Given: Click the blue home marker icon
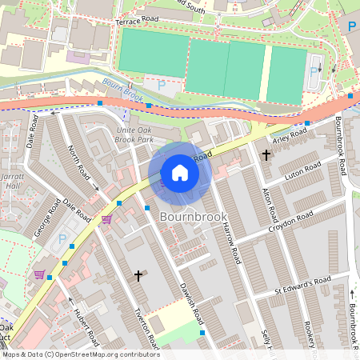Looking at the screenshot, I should [x=180, y=173].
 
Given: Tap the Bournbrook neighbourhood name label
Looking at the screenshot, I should [x=194, y=217].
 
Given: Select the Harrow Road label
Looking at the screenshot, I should [x=232, y=245].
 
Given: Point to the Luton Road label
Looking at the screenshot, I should [x=303, y=173].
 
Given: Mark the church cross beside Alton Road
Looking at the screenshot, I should [x=266, y=154].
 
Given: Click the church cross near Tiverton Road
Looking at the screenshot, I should [x=138, y=276].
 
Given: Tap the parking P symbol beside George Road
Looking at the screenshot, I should [x=63, y=239].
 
